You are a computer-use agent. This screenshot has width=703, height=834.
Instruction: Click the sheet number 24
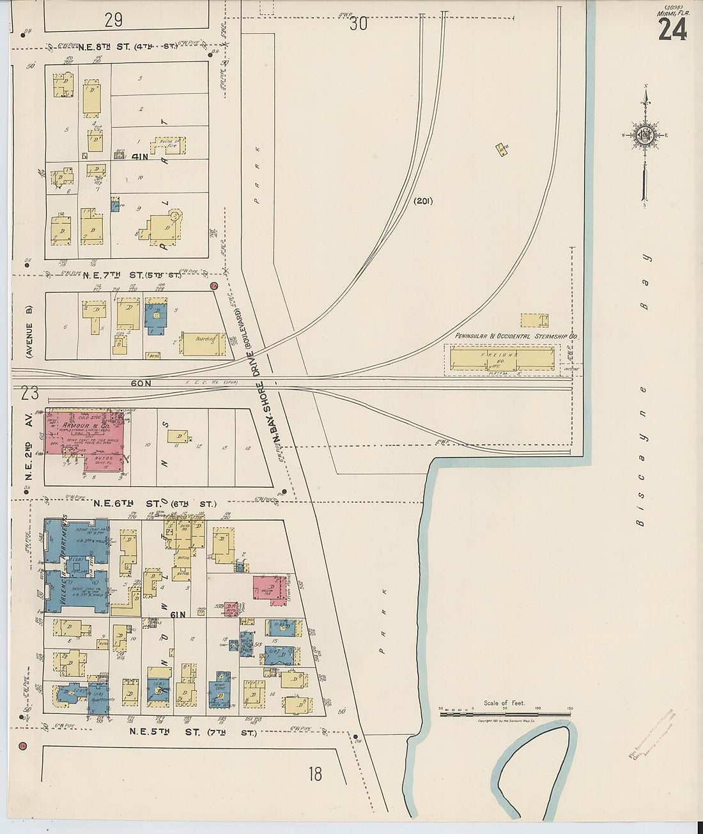coord(672,29)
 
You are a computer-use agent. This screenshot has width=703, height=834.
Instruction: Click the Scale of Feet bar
coord(505,714)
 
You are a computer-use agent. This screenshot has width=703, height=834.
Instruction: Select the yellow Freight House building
coord(502,358)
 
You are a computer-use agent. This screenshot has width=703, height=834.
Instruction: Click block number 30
coord(359,24)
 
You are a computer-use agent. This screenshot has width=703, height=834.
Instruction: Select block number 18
coord(314,774)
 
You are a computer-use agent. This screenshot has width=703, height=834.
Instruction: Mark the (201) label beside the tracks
coord(422,201)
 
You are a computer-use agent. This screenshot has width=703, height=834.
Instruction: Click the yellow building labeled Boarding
coord(203,344)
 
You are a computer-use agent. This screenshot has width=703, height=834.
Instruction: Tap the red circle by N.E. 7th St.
coord(215,286)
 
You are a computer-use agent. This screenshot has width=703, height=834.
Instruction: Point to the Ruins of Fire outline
coord(170,145)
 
